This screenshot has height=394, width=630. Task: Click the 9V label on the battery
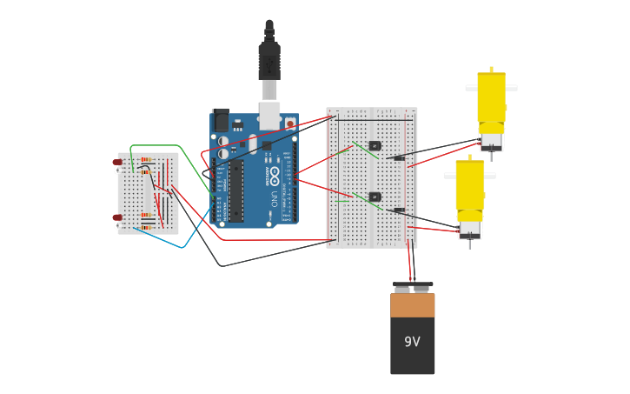click(x=412, y=342)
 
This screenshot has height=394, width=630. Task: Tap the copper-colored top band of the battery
click(x=412, y=305)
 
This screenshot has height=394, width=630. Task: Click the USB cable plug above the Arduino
click(x=269, y=61)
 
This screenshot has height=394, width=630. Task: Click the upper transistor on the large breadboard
click(x=375, y=145)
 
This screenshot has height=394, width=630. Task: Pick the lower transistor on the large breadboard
click(x=375, y=197)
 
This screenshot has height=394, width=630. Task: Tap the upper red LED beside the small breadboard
click(x=117, y=163)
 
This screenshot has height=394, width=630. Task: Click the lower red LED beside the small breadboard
click(x=117, y=217)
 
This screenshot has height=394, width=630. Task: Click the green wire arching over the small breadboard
click(x=156, y=145)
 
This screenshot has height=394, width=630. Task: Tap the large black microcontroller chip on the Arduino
click(x=236, y=190)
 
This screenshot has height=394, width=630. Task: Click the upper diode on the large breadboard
click(x=399, y=158)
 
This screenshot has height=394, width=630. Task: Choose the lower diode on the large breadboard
click(x=399, y=210)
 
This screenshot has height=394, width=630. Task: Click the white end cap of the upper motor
click(x=491, y=141)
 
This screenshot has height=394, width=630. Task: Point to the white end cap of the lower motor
click(x=469, y=230)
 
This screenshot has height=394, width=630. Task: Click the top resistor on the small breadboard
click(x=147, y=160)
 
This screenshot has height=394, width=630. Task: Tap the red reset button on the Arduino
click(x=289, y=124)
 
